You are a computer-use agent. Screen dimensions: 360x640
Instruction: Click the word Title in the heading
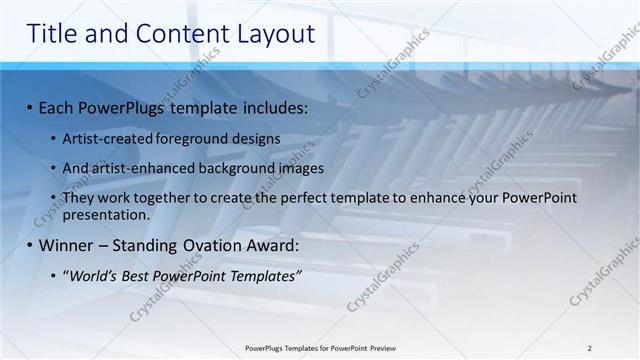click(55, 33)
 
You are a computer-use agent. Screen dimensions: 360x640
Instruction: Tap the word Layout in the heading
click(274, 33)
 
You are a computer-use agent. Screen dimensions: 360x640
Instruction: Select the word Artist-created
click(106, 138)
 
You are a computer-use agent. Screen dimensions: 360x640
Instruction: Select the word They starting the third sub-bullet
click(79, 198)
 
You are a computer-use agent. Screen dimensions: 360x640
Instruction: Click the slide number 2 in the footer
click(589, 347)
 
